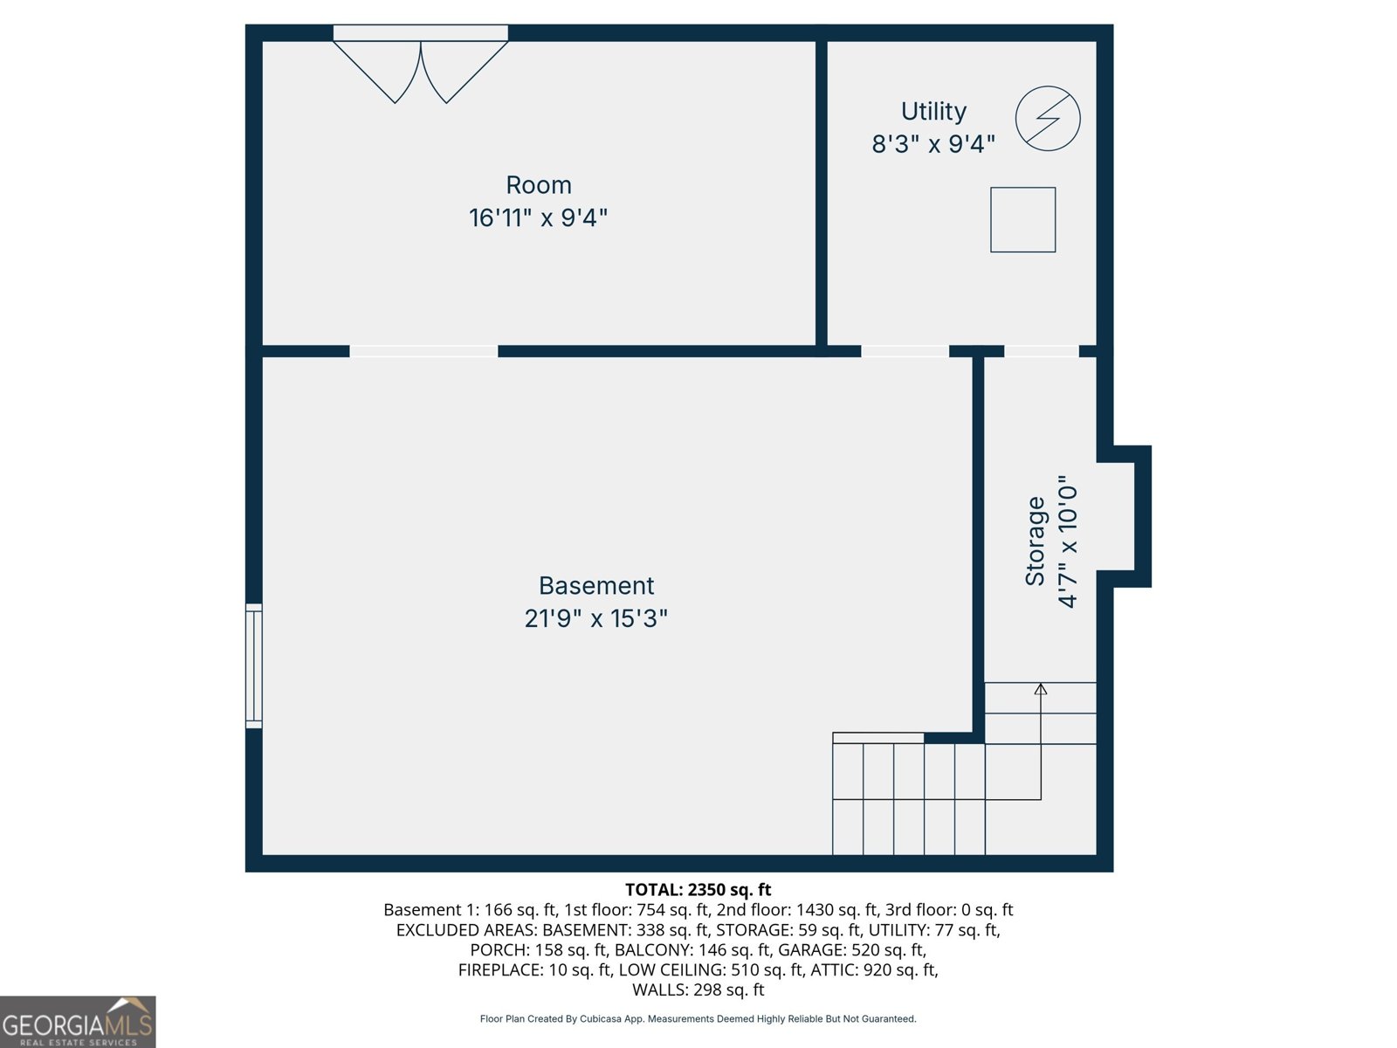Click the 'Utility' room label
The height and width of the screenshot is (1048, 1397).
click(x=933, y=112)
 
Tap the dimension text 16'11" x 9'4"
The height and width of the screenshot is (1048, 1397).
click(x=538, y=217)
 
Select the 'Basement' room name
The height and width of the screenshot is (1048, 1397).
click(x=596, y=585)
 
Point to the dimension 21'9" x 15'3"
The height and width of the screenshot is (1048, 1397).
click(x=596, y=618)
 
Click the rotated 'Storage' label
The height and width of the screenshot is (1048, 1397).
click(x=1036, y=541)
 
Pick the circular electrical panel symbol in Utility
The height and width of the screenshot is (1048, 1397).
click(x=1048, y=119)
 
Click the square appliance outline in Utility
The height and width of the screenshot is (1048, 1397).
click(x=1022, y=220)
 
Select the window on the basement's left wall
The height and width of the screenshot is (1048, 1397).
click(x=254, y=665)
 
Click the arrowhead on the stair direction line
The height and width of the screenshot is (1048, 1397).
click(x=1041, y=689)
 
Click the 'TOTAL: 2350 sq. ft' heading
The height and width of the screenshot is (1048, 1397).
click(x=698, y=890)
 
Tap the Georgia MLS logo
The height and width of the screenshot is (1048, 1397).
click(x=78, y=1022)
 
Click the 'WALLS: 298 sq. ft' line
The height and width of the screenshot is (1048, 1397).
click(x=698, y=989)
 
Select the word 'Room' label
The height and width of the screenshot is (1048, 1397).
click(x=539, y=185)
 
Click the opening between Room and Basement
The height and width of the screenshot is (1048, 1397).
click(x=423, y=351)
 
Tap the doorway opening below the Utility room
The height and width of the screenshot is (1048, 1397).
click(x=905, y=351)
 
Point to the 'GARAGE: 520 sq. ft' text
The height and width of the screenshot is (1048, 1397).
click(x=851, y=949)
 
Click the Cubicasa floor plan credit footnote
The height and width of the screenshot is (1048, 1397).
click(x=698, y=1019)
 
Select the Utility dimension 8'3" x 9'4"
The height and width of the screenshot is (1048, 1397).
click(x=933, y=144)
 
